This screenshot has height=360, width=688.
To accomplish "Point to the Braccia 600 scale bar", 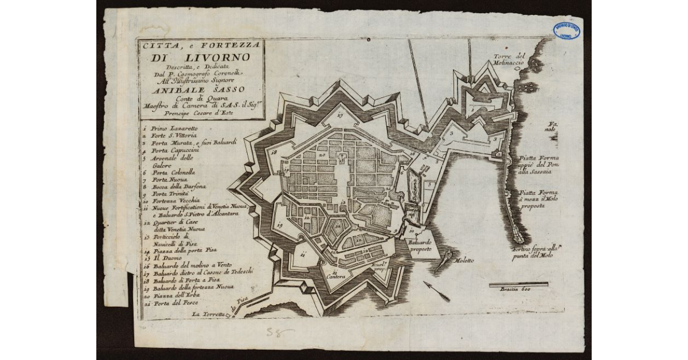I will click(x=518, y=284).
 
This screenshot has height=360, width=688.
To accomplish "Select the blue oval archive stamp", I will click(x=566, y=31).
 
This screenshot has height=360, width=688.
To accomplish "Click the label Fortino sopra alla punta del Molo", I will click(x=535, y=253).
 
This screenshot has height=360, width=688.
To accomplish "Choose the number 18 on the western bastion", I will click(x=274, y=152).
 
